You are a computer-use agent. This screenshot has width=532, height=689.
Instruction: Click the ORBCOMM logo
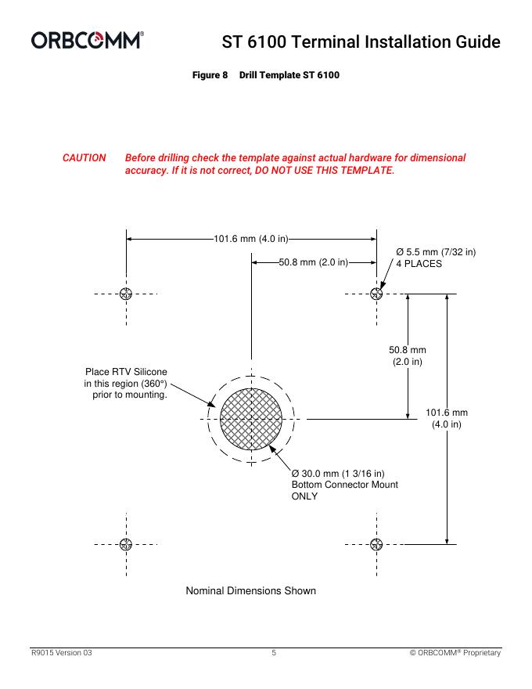click(x=87, y=39)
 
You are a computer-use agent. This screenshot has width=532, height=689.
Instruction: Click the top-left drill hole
click(x=125, y=294)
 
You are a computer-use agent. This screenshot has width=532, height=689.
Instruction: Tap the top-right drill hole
click(x=376, y=294)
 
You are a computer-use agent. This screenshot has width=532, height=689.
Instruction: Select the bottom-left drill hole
click(x=125, y=544)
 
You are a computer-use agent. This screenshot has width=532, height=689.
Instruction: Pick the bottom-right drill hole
click(x=376, y=544)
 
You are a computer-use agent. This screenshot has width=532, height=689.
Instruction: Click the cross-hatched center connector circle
click(x=250, y=419)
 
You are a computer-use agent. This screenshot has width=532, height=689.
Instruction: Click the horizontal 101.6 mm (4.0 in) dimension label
click(x=251, y=238)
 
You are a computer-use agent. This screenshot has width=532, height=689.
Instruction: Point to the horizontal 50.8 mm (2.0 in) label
click(x=313, y=262)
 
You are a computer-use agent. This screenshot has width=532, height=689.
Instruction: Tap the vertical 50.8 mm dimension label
click(x=407, y=355)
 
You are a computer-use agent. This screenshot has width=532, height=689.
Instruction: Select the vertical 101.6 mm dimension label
click(x=446, y=418)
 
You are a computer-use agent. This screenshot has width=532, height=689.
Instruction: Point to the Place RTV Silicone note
click(x=127, y=383)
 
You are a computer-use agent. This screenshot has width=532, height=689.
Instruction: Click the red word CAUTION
click(x=84, y=157)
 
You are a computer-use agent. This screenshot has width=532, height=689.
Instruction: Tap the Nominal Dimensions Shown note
click(x=250, y=590)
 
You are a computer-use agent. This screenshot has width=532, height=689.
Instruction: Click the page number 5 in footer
click(x=274, y=652)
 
